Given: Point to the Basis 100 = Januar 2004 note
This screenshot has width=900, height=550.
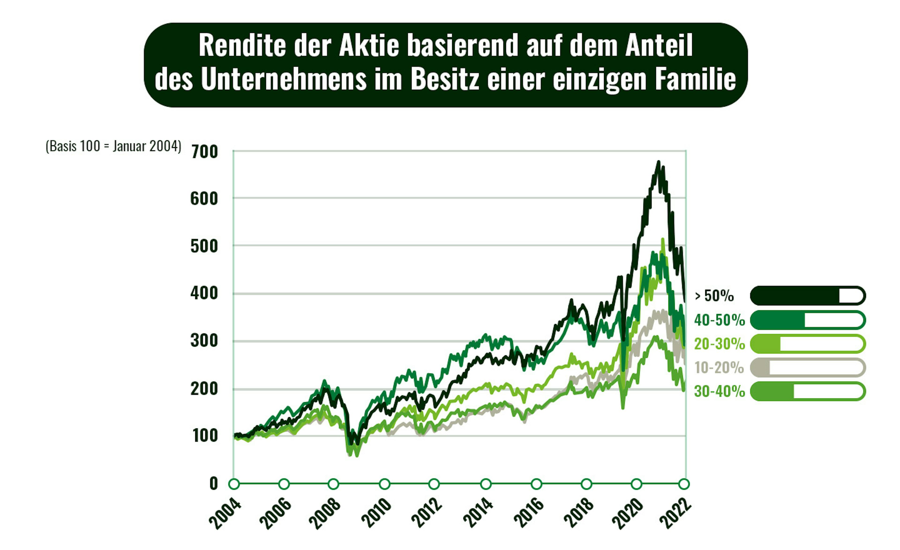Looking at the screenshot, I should pyautogui.click(x=113, y=146).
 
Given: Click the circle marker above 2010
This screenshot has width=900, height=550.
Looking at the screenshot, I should pyautogui.click(x=384, y=484).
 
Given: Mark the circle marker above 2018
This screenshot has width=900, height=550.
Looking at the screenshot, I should pyautogui.click(x=586, y=484).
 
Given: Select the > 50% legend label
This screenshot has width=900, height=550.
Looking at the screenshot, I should pyautogui.click(x=714, y=296).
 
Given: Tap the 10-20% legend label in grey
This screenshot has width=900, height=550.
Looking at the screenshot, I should pyautogui.click(x=719, y=367).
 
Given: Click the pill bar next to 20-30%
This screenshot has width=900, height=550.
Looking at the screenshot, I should pyautogui.click(x=808, y=344).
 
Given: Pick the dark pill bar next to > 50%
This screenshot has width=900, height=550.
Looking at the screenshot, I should pyautogui.click(x=808, y=296).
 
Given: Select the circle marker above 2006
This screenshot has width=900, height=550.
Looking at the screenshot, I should pyautogui.click(x=284, y=484).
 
